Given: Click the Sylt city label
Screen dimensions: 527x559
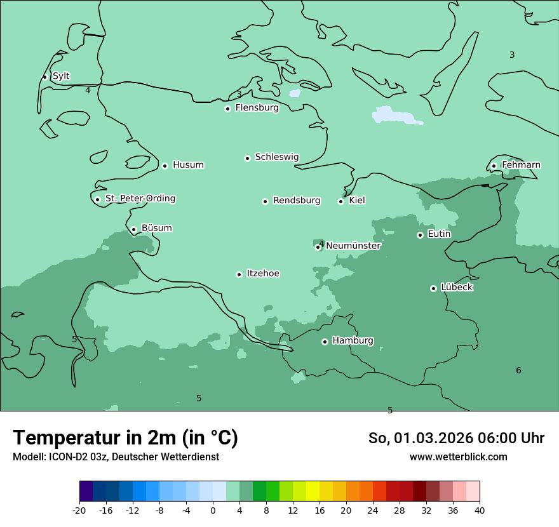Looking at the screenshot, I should coord(61,76).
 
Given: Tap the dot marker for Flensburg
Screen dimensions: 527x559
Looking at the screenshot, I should coord(227,109).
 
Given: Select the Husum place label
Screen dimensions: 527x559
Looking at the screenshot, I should coord(188,165).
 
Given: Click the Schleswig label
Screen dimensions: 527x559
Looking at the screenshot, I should coord(276,157).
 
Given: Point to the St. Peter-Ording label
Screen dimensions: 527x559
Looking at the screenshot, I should coord(140,199).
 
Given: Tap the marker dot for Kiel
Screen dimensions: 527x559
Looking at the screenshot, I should coord(340,201).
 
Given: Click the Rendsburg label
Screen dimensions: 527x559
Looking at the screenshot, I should coord(296,201).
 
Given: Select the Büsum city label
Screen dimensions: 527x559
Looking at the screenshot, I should coord(156,228).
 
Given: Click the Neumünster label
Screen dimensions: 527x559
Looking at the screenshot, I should coord(353,246).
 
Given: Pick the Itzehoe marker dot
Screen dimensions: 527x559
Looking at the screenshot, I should coord(239,274).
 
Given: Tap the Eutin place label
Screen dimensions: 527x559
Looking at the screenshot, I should coord(439,234).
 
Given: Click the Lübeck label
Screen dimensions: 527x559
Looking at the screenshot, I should coord(456,287).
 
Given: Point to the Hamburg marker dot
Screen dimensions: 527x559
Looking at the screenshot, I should coord(325,342).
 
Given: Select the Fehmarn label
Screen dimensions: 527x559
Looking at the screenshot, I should coord(521,165).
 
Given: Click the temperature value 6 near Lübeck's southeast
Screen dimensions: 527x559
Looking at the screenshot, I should coord(518,370).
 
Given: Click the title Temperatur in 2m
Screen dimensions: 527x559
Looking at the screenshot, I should coord(125,438).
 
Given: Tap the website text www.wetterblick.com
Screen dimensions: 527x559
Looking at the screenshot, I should coord(458,457).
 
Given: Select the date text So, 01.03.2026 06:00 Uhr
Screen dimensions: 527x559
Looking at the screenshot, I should coord(456,438).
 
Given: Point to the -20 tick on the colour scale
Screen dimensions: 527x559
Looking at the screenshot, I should coord(79,510).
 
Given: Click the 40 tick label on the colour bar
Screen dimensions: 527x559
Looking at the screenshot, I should coord(480,510).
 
